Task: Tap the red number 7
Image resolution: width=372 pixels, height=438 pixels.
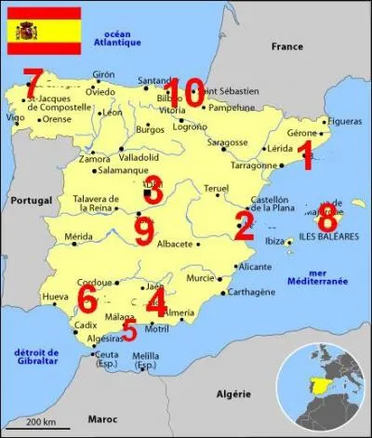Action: pos(33,81)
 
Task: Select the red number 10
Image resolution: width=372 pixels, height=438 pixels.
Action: pos(182,93)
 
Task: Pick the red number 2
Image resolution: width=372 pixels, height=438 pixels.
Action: pos(244,226)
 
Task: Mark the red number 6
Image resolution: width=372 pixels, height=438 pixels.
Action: pos(87,299)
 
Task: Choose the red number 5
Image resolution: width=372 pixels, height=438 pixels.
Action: pos(129,331)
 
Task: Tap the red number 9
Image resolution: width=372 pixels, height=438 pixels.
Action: pos(143,230)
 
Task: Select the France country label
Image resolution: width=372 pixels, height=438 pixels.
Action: pos(286,46)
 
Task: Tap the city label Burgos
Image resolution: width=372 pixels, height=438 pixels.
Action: pos(150,130)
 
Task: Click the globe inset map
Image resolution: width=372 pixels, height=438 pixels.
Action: pos(325,382)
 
